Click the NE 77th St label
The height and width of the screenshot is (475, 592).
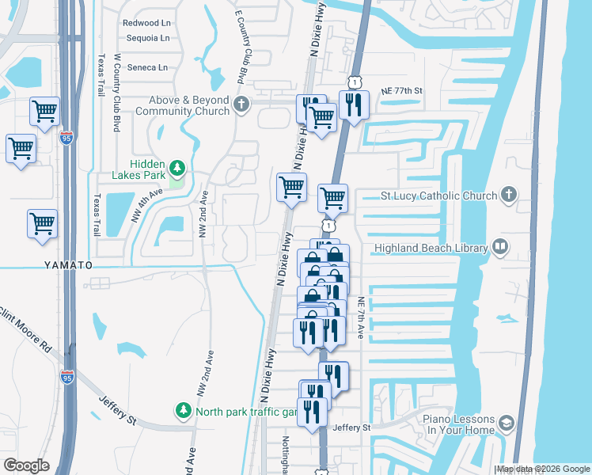tap(402, 91)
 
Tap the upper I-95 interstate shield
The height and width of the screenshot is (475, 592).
tap(67, 138)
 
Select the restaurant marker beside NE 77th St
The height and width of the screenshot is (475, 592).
tap(353, 104)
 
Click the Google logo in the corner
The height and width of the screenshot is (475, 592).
tap(27, 465)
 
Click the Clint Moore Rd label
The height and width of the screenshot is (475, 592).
tap(29, 337)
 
